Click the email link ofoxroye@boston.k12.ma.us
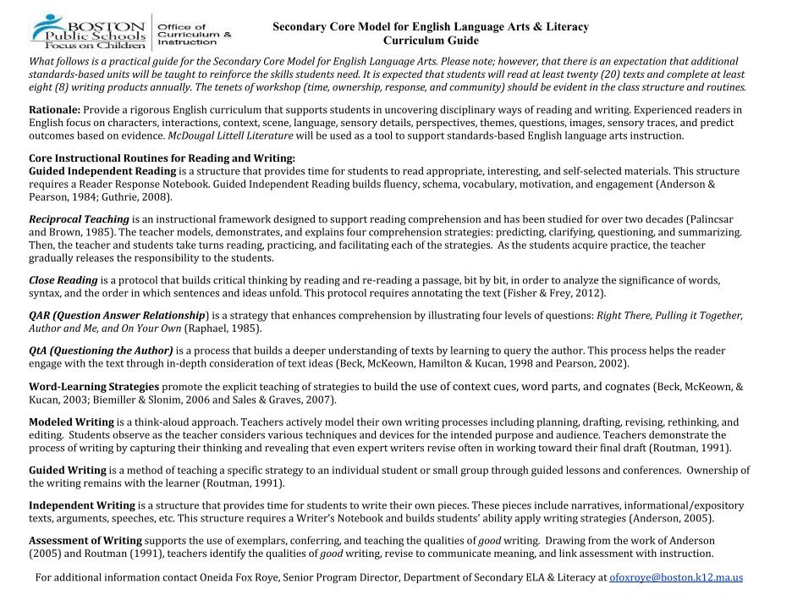click(x=676, y=577)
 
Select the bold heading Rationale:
click(x=55, y=110)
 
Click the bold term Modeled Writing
click(x=71, y=422)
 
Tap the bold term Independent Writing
click(x=82, y=505)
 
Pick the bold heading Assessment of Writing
click(x=85, y=540)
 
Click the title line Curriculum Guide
click(x=431, y=41)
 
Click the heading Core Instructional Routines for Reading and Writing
click(x=162, y=158)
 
